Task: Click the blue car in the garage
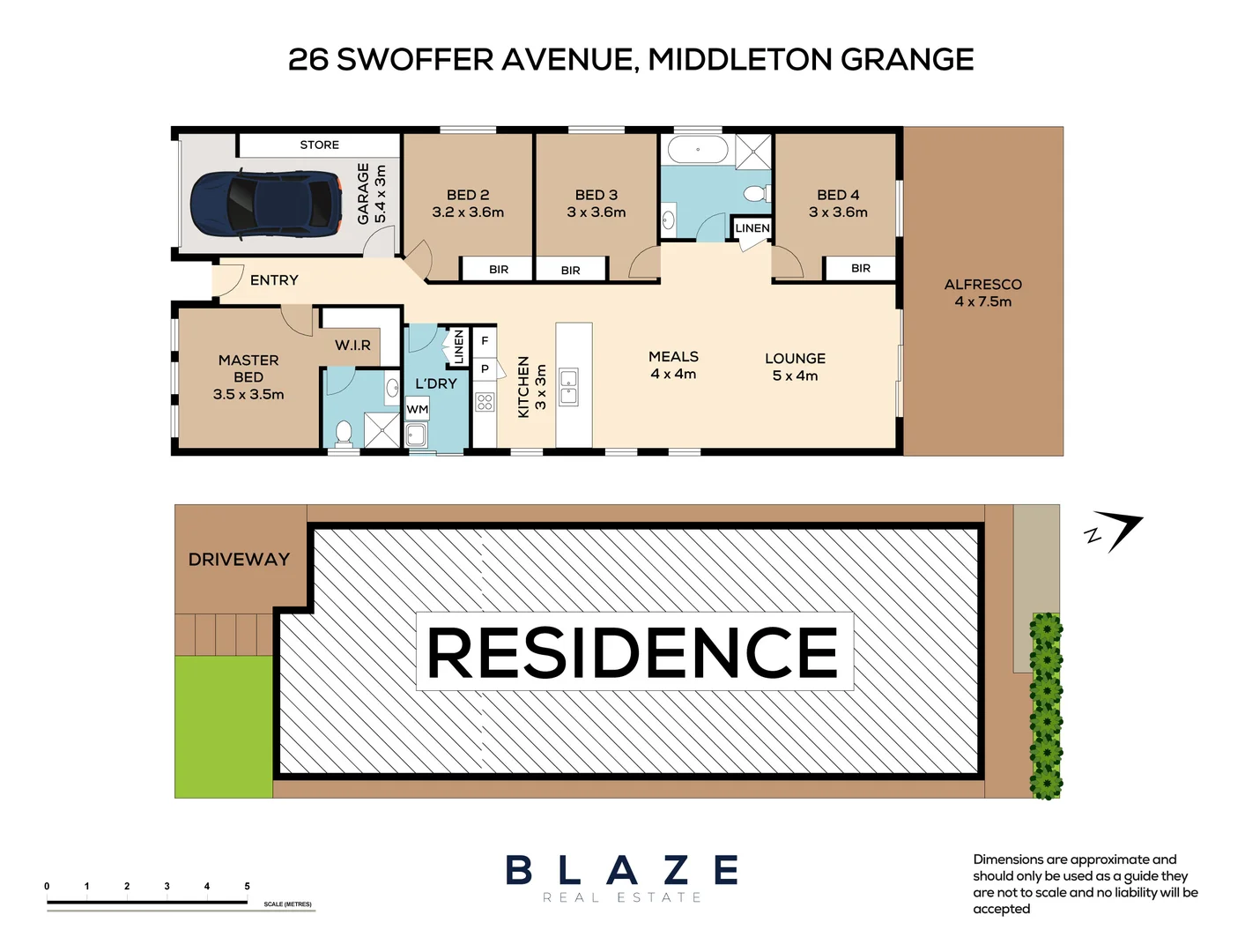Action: point(266,204)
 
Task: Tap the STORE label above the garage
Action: point(319,145)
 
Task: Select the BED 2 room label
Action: point(468,195)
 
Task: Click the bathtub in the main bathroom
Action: point(697,149)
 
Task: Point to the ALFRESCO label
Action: point(982,285)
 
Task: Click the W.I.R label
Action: point(352,346)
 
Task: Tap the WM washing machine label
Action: point(418,409)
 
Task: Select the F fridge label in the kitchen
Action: point(485,340)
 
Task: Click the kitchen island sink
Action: point(569,388)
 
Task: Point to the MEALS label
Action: point(673,357)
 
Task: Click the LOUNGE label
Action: point(795,359)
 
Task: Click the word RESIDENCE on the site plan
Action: point(633,652)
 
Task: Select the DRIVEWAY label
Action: point(239,560)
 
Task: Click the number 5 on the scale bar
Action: point(247,886)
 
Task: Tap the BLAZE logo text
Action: point(622,871)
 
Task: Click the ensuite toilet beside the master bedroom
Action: point(343,433)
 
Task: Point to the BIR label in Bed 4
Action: point(861,268)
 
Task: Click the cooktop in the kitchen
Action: point(485,403)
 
